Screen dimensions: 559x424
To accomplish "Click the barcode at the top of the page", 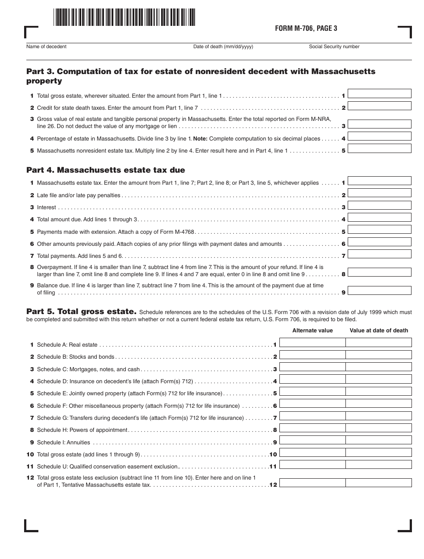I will tap(124, 18).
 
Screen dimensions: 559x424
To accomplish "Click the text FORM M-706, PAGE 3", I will tap(306, 29).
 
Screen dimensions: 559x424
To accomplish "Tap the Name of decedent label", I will tap(46, 46).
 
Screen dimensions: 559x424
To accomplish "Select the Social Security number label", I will tap(334, 46).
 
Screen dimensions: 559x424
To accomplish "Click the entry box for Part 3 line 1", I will tap(379, 94).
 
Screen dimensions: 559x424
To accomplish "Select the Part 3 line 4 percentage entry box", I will tap(379, 136).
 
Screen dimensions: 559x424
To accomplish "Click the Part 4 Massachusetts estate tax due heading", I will tap(105, 170).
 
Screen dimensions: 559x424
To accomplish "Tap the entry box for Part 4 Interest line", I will tap(379, 205).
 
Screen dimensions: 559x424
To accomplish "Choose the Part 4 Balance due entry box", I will tap(379, 290).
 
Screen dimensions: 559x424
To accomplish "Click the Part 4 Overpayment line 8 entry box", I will tap(379, 272).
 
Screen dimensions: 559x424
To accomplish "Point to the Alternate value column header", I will tap(312, 331).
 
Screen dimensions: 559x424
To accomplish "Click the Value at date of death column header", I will tap(378, 331).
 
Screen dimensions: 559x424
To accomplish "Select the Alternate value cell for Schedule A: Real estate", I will tap(312, 343).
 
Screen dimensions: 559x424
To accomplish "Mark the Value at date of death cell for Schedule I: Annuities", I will tap(378, 440).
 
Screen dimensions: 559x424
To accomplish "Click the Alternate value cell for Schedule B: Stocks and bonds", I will tap(312, 355).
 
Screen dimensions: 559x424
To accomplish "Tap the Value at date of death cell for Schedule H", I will tap(378, 428).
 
